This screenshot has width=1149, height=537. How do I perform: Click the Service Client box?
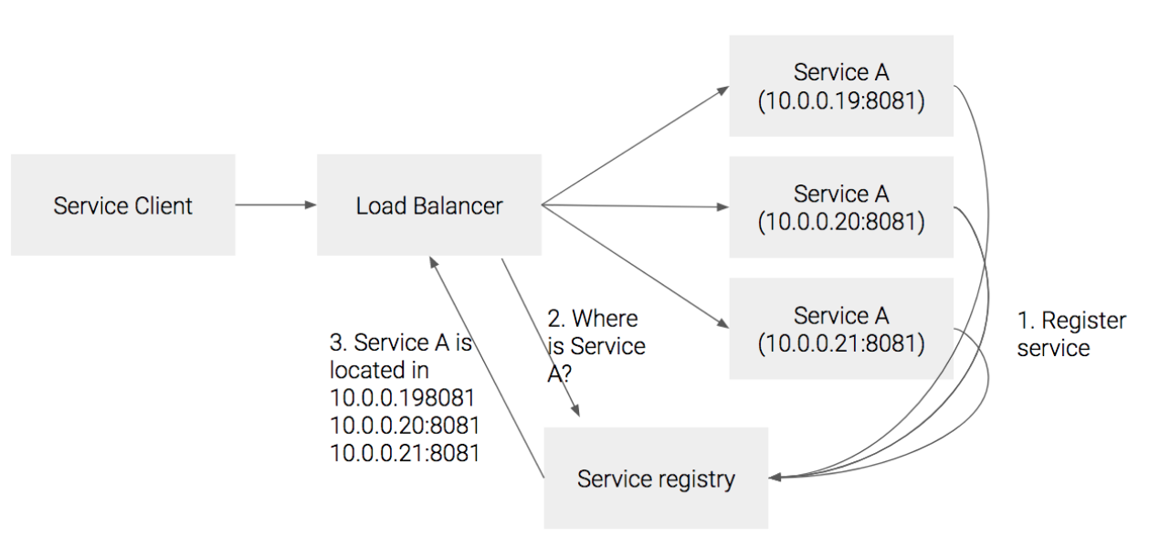point(123,205)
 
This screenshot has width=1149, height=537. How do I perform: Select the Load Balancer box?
point(428,205)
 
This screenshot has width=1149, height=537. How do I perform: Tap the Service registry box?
point(656,478)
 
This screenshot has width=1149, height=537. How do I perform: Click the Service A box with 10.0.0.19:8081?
point(840,86)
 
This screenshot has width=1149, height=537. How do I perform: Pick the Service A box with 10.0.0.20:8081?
point(840,207)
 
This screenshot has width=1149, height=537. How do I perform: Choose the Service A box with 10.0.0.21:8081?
point(840,329)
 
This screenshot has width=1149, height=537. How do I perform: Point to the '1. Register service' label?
point(1070,334)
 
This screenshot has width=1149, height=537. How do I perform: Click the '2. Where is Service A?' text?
point(596,346)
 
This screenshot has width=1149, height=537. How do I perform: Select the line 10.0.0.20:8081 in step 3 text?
point(404,426)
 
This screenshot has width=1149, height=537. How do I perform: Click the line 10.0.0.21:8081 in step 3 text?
point(404,453)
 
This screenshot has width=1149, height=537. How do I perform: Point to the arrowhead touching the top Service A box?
point(723,89)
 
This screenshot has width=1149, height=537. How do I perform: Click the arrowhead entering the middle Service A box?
point(723,207)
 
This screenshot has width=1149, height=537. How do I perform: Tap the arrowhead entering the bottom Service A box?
point(723,324)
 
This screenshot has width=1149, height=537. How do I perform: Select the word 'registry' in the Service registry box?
point(695,479)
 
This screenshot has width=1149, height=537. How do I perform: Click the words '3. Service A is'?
point(400,342)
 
